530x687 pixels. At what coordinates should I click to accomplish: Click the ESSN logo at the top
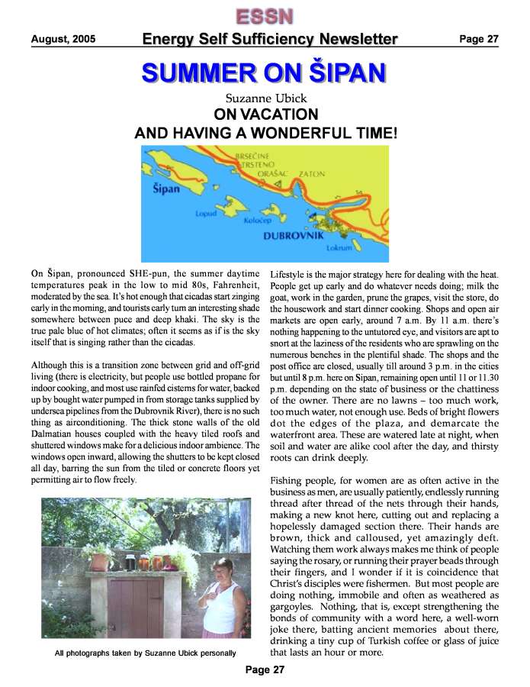[x=265, y=15]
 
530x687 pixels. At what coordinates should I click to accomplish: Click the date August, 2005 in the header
[x=63, y=39]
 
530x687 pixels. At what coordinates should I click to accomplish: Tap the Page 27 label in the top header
[x=478, y=39]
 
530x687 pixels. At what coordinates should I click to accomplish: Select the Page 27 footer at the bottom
[x=265, y=670]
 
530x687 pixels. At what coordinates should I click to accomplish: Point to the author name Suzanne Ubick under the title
[x=265, y=98]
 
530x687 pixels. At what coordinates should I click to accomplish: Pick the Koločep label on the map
[x=257, y=220]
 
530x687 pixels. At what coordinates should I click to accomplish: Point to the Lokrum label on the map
[x=338, y=248]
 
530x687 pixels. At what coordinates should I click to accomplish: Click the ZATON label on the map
[x=312, y=174]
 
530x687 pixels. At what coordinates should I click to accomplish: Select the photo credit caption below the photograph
[x=145, y=653]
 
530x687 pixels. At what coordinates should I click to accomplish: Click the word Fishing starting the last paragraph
[x=291, y=481]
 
